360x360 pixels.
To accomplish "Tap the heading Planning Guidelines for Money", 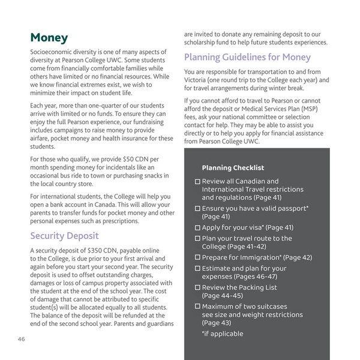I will point(247,58).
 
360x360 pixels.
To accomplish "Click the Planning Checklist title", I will point(233,168).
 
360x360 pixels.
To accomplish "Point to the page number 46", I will point(21,339).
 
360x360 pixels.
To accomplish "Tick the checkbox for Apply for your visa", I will point(197,228).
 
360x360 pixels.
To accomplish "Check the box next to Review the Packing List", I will point(197,287).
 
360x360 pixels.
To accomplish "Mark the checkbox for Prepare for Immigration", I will point(197,257).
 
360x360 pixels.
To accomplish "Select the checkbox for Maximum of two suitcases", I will point(197,307).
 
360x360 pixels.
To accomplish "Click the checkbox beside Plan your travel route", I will point(197,238).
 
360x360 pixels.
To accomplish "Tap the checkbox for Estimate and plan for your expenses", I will point(197,268).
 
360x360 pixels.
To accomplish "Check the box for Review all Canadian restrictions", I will point(197,181).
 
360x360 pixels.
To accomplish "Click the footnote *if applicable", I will point(223,334).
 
